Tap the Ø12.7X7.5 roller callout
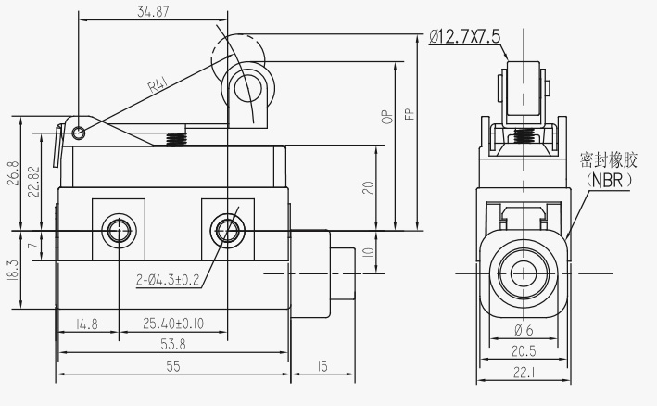pyautogui.click(x=465, y=36)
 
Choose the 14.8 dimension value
pyautogui.click(x=86, y=324)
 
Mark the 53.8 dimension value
pyautogui.click(x=172, y=345)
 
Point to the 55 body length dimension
pyautogui.click(x=172, y=366)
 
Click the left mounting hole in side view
pyautogui.click(x=118, y=229)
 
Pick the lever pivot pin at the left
pyautogui.click(x=80, y=132)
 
